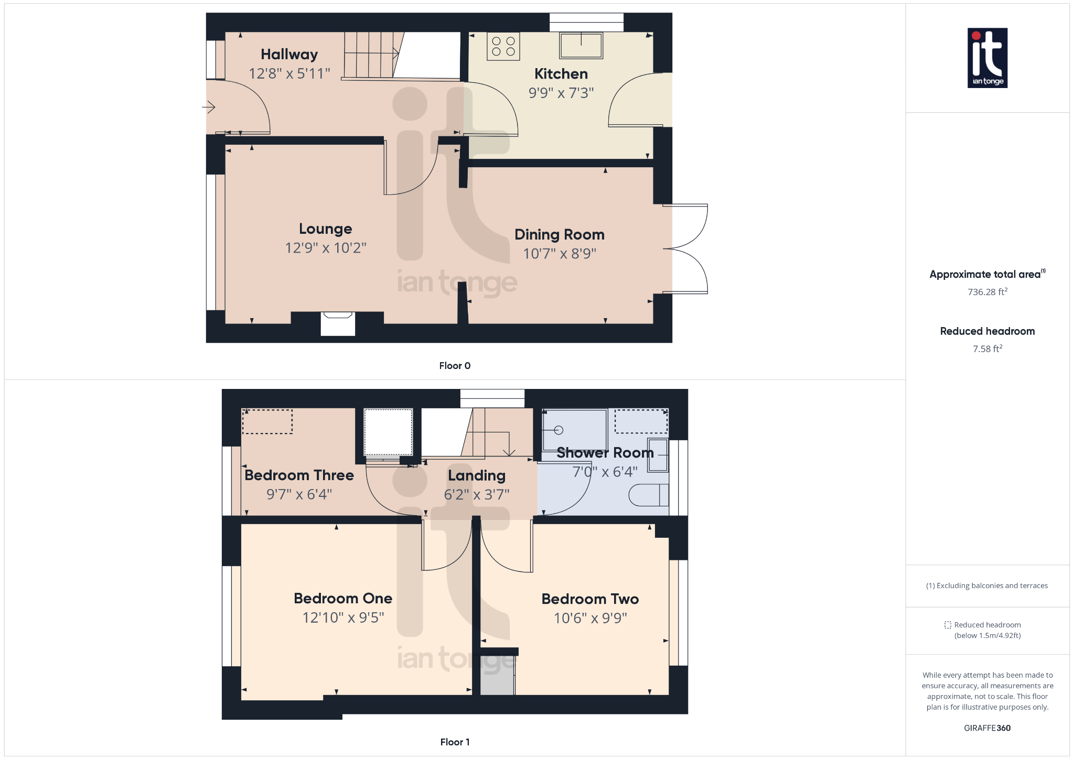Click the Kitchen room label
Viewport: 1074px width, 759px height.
coord(561,74)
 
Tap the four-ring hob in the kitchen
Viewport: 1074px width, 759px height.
coord(503,47)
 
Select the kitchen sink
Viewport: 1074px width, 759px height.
coord(581,45)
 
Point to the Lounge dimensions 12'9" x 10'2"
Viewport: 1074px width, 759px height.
coord(325,248)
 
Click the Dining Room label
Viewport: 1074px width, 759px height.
coord(559,234)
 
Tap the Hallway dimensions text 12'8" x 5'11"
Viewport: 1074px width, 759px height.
coord(289,73)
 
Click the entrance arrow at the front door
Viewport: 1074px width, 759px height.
coord(209,107)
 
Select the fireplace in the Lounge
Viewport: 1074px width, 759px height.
coord(338,323)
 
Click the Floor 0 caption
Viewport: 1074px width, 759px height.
coord(455,366)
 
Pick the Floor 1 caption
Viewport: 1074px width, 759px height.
coord(455,742)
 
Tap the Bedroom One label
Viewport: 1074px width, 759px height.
coord(343,599)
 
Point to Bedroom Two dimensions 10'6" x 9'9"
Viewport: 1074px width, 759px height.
coord(590,618)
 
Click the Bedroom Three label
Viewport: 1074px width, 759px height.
coord(299,475)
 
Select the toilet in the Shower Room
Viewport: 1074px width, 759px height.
coord(649,495)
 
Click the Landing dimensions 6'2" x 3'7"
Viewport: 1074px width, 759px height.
coord(476,494)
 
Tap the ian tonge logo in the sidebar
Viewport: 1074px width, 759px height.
coord(987,58)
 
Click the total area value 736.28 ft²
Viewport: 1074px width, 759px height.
coord(987,292)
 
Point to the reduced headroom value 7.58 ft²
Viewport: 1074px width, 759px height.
coord(987,349)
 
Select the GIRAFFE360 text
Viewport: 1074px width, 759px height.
coord(987,728)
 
